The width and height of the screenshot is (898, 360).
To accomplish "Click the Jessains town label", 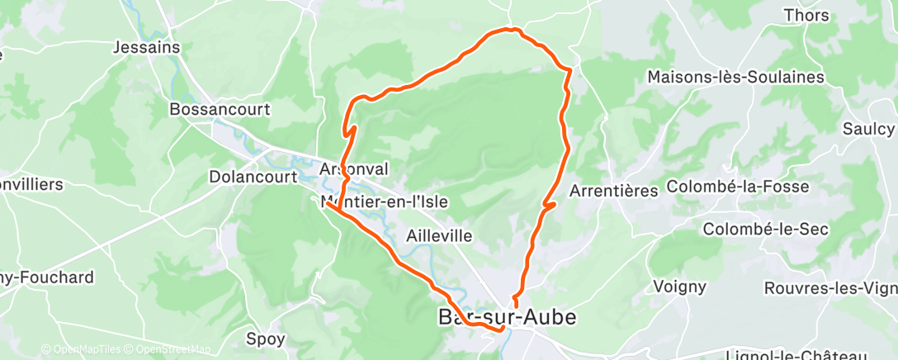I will [x=148, y=47].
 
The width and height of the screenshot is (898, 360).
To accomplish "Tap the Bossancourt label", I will [x=220, y=109].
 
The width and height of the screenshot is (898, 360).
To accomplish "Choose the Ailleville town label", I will [x=440, y=236].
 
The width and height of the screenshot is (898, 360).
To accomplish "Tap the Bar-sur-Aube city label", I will [x=506, y=317].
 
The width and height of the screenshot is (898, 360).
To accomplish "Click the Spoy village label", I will [x=266, y=339].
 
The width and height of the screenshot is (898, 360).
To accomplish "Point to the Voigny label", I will [x=679, y=287].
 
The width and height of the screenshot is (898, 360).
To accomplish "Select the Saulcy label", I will [x=868, y=129].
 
